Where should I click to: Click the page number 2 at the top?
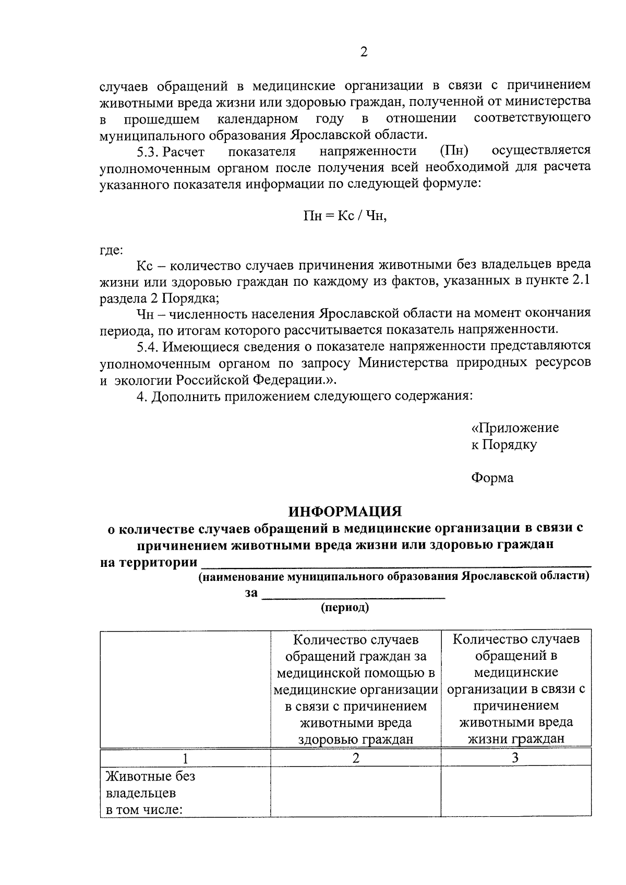point(364,53)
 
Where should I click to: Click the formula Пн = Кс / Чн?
point(345,216)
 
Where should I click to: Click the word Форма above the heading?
point(492,478)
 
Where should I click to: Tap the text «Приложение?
point(514,428)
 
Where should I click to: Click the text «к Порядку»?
point(503,445)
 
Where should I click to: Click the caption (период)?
point(345,607)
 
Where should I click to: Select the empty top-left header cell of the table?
point(185,688)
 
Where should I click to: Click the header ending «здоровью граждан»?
point(355,688)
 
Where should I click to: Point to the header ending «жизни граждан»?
point(515,688)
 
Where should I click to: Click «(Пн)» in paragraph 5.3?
point(453,151)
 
